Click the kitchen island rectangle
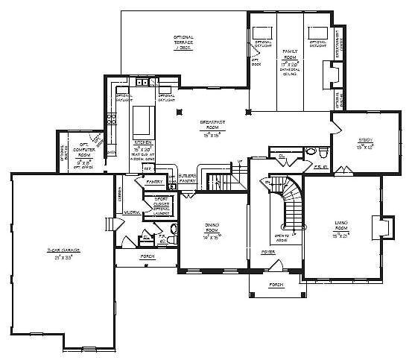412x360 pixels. tap(143, 119)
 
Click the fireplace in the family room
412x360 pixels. tap(332, 75)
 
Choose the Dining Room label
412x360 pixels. tap(210, 233)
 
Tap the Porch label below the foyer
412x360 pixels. tap(276, 285)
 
